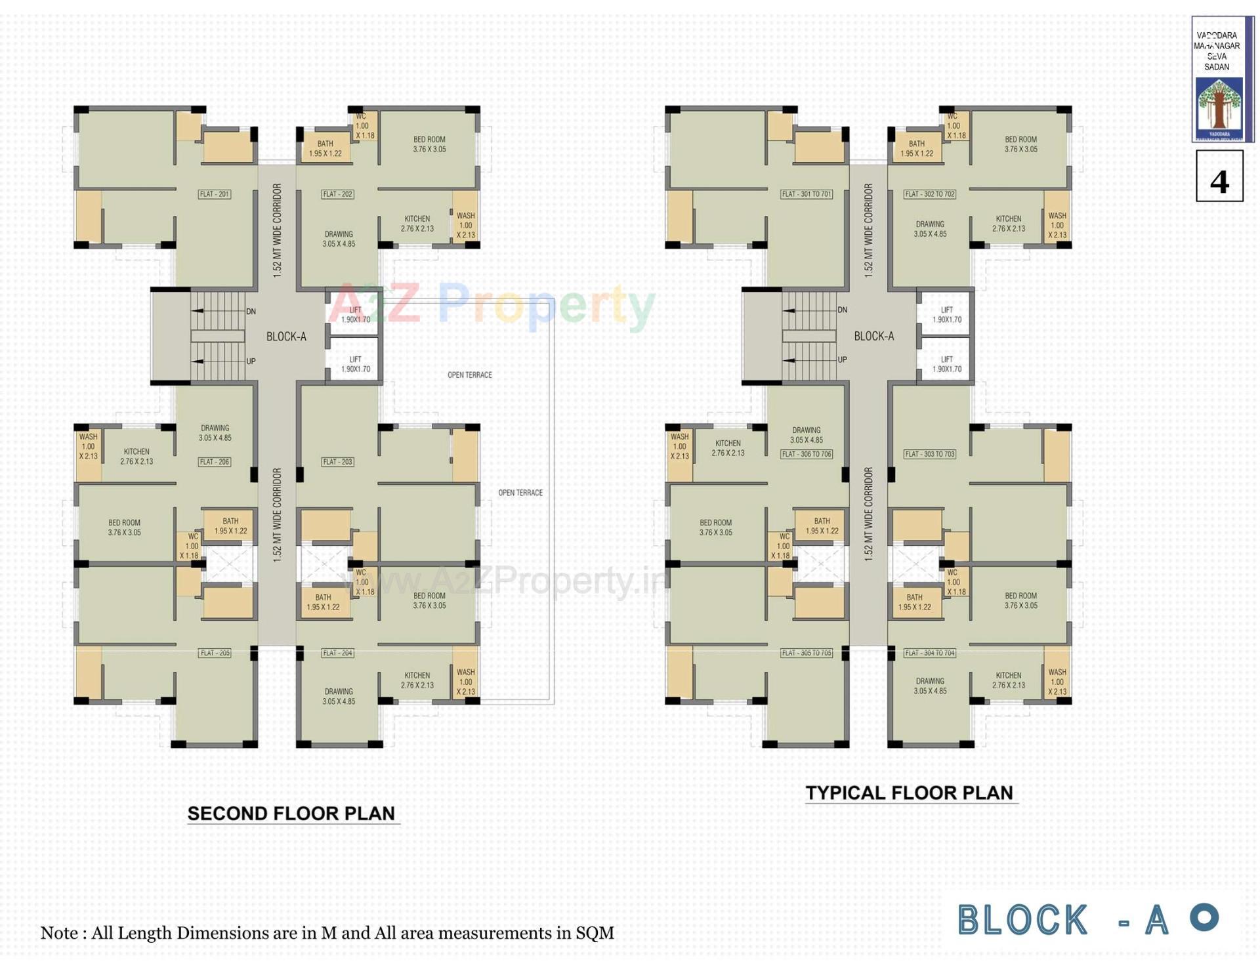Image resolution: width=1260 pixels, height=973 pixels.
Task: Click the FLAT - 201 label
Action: tap(215, 194)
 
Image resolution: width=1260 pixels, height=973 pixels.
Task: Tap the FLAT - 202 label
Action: tap(338, 194)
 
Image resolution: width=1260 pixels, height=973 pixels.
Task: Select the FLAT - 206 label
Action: tap(215, 462)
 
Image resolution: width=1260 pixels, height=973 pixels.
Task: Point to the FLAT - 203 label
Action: tap(338, 462)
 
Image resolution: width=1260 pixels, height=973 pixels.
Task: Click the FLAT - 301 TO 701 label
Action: tap(807, 194)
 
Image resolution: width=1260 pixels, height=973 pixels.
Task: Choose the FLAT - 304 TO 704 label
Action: tap(930, 653)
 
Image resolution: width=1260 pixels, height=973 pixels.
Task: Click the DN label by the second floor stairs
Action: tap(251, 312)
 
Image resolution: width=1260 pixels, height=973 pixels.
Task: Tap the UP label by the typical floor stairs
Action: tap(843, 360)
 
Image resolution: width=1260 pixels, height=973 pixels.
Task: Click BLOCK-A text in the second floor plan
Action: tap(286, 337)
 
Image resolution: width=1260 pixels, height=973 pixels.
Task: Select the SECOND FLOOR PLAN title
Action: tap(291, 814)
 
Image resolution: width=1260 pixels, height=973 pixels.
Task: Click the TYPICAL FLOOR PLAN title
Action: tap(910, 793)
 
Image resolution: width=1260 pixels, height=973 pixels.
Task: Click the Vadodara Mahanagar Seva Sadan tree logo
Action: tap(1219, 106)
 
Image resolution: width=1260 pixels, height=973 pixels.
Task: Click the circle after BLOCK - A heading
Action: tap(1205, 917)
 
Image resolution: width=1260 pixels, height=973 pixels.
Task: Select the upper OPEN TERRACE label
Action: tap(470, 375)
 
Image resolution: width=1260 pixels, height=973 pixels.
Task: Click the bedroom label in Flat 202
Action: tap(429, 144)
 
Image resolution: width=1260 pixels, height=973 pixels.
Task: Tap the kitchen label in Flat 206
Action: tap(136, 457)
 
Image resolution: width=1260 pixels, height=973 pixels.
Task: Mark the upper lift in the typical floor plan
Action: tap(946, 315)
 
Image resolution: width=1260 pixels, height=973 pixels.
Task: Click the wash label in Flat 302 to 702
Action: tap(1057, 225)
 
